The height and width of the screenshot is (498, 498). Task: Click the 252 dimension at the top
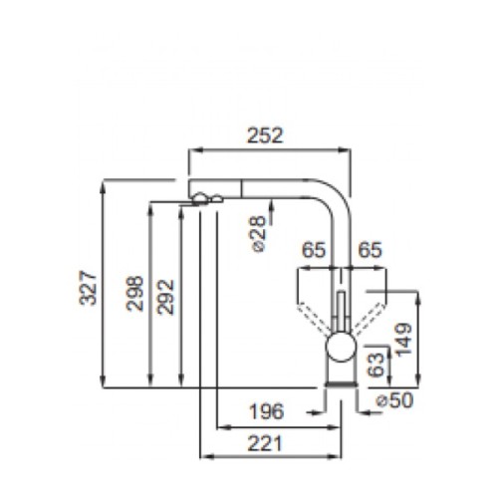(x=270, y=134)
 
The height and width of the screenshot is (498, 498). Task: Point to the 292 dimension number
(x=165, y=294)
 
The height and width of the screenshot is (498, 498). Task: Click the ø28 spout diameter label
(x=256, y=232)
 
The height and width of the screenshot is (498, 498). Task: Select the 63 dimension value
(x=376, y=364)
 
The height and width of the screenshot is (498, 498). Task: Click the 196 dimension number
(x=266, y=410)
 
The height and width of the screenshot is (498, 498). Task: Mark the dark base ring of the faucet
(x=340, y=386)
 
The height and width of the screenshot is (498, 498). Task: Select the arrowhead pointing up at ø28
(x=271, y=200)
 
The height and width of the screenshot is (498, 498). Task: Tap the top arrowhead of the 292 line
(x=180, y=206)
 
